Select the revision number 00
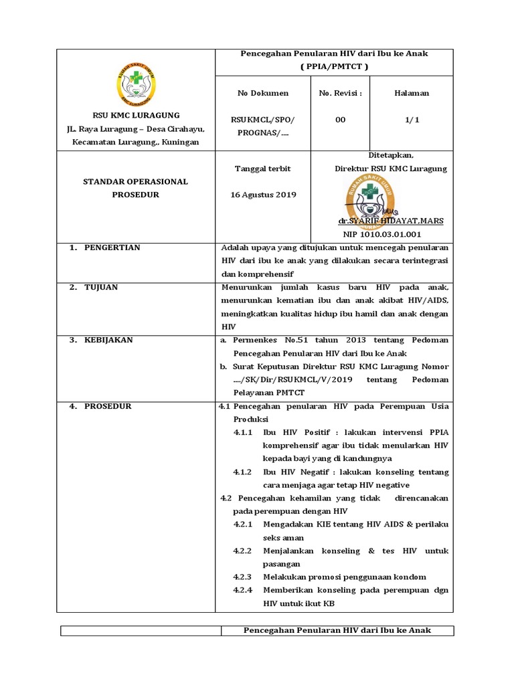[x=340, y=119]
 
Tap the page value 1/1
[x=412, y=119]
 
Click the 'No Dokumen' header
[x=263, y=93]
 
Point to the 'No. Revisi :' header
[x=340, y=93]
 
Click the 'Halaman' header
[x=412, y=93]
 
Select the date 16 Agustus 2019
[x=263, y=195]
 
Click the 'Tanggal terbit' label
[x=262, y=169]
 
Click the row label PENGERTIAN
[x=112, y=248]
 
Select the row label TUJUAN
[x=101, y=287]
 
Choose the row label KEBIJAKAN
[x=108, y=340]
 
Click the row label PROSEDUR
[x=108, y=406]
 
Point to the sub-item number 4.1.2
[x=242, y=472]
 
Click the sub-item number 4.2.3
[x=242, y=577]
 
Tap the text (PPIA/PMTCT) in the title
[x=334, y=67]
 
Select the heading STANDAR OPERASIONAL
[x=135, y=181]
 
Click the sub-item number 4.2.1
[x=242, y=524]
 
